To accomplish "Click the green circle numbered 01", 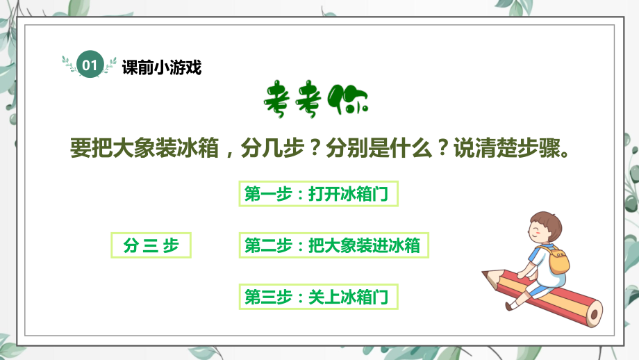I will click(90, 65).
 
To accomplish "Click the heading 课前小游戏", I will click(161, 67).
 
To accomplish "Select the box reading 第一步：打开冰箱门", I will click(319, 194).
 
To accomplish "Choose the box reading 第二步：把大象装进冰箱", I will click(333, 245).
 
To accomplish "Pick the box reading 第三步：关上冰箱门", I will click(319, 297).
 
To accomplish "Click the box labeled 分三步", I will click(151, 245).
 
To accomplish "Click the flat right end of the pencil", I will click(595, 313).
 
